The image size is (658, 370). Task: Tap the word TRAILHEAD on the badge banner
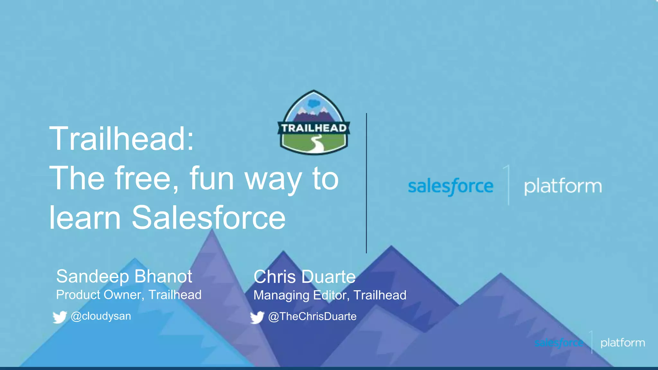click(314, 128)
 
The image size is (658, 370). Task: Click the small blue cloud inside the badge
click(314, 103)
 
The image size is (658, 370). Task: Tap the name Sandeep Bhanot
click(124, 276)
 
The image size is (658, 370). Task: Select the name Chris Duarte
click(304, 277)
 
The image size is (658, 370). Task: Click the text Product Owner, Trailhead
click(129, 295)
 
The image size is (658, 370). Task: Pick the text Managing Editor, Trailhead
click(330, 295)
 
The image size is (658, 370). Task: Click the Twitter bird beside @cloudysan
click(60, 317)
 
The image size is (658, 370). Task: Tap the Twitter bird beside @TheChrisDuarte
click(257, 317)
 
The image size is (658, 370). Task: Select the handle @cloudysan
click(101, 316)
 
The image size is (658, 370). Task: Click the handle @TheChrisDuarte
click(312, 316)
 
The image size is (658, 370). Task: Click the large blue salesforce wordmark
click(450, 187)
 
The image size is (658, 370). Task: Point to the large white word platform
click(563, 187)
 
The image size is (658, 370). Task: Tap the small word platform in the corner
click(622, 343)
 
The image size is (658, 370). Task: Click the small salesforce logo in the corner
click(559, 343)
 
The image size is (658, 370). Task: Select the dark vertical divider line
click(366, 183)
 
